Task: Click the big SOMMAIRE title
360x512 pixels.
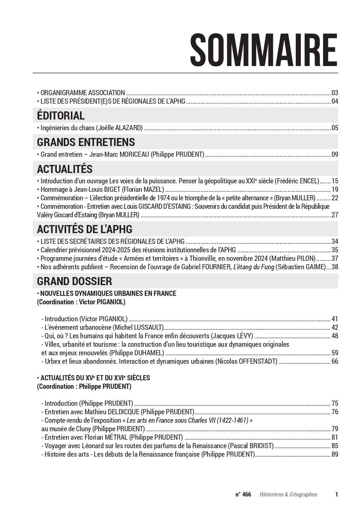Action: [264, 49]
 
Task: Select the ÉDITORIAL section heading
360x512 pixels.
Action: [61, 115]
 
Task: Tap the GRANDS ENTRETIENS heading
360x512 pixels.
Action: [86, 142]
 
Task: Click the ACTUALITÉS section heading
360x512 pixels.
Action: [65, 169]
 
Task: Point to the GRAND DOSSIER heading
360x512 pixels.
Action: [74, 281]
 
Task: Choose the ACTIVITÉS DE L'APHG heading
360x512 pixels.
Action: [85, 229]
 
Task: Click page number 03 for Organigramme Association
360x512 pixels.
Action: [335, 93]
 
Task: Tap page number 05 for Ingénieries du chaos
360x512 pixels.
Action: [335, 128]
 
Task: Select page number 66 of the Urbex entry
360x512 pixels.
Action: [335, 361]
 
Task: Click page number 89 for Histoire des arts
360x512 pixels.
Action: [335, 454]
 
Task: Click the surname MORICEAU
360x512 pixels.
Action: [134, 155]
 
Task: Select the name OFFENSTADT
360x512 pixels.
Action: [255, 361]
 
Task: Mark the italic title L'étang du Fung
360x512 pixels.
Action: [253, 267]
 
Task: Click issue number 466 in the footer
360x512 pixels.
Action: [247, 494]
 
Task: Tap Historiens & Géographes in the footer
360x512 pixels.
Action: [288, 494]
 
